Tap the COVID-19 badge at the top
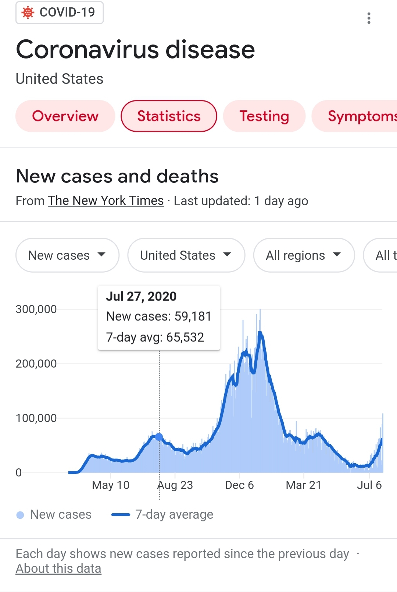point(60,13)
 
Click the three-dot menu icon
point(369,18)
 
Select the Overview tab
point(65,116)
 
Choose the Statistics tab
point(169,116)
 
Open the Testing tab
point(264,116)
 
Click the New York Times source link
point(106,201)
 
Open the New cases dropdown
point(67,255)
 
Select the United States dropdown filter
point(186,255)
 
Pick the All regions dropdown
point(304,255)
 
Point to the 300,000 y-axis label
point(36,309)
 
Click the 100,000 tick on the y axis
point(36,418)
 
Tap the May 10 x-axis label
point(111,485)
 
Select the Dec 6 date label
point(239,485)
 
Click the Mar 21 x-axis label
point(304,485)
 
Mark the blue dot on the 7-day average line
point(159,437)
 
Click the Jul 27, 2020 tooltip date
point(141,297)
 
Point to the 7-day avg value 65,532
point(185,337)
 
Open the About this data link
point(58,569)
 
